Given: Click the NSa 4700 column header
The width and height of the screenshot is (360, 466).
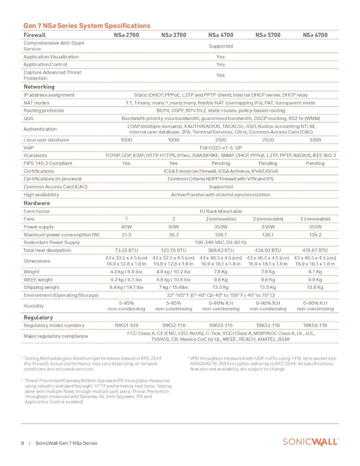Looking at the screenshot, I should (221, 35).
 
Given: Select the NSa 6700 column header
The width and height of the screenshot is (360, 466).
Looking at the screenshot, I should (315, 35).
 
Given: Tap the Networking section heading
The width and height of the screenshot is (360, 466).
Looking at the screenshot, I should (39, 87).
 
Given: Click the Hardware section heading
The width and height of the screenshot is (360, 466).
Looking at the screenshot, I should (37, 203).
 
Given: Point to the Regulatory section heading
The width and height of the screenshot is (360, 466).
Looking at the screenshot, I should (38, 317).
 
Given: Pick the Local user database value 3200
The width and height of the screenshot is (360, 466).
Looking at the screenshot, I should (315, 140).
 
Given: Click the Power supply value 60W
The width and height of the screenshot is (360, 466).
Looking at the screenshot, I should (126, 227).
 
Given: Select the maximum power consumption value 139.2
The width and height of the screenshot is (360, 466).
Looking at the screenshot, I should (315, 235).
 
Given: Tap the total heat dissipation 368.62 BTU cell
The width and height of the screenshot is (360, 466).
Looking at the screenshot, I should (221, 250).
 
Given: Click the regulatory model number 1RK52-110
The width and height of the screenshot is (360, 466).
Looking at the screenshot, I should (174, 325).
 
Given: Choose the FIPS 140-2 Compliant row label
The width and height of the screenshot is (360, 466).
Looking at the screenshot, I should (48, 163).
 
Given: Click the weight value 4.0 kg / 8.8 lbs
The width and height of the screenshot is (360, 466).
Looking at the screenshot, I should (126, 272).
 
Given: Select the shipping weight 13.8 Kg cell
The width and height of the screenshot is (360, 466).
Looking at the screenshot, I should (315, 287).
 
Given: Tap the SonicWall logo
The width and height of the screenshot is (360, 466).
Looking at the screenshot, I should (310, 442).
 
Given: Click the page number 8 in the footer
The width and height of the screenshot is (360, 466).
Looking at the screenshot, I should (23, 443).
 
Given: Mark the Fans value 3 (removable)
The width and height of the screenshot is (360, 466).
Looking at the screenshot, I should (315, 219).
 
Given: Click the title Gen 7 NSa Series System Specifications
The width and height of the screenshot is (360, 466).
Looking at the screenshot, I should (87, 26).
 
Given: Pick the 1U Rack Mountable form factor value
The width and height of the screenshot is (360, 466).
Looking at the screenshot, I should (221, 211).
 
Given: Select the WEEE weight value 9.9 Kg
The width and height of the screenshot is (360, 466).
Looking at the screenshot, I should (315, 280).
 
